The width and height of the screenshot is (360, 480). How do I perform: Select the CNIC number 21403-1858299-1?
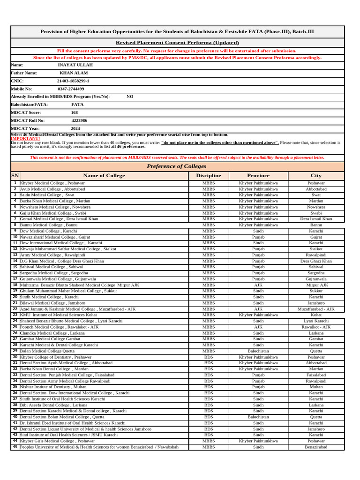[x=73, y=81]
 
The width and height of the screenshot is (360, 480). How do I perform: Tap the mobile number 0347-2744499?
[x=71, y=89]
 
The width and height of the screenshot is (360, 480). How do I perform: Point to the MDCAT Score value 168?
[x=75, y=112]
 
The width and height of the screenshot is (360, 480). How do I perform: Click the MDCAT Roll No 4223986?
[x=79, y=120]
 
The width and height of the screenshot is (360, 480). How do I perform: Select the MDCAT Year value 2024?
[x=75, y=128]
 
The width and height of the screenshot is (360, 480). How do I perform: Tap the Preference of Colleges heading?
[x=176, y=166]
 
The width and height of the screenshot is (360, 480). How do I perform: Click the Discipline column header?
[x=209, y=176]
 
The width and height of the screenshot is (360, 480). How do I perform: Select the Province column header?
[x=258, y=176]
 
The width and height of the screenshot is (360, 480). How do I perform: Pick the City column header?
[x=316, y=176]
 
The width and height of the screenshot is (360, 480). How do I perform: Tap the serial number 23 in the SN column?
[x=15, y=315]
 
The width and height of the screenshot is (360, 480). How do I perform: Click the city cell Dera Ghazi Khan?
[x=316, y=261]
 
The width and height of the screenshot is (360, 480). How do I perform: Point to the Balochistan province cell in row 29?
[x=258, y=351]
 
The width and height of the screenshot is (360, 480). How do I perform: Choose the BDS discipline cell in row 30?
[x=209, y=357]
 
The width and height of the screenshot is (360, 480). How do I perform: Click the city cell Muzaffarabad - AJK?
[x=316, y=309]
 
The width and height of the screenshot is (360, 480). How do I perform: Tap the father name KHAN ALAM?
[x=74, y=73]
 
